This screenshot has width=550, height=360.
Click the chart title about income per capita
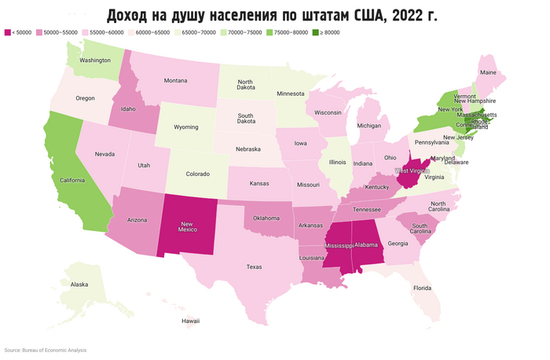274,15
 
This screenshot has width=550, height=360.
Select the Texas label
254,266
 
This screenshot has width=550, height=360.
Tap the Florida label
423,288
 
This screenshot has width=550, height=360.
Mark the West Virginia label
412,171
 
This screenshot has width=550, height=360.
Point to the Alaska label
79,285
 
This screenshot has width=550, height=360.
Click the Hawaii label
191,321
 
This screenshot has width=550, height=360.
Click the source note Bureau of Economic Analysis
46,350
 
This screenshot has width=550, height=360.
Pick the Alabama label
366,244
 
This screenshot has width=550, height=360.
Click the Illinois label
336,162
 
